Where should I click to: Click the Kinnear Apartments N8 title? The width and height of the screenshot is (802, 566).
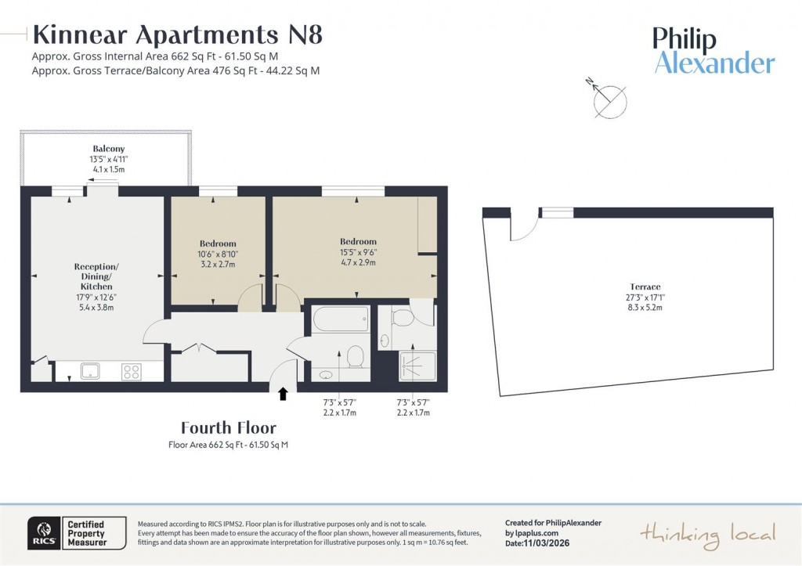(x=177, y=35)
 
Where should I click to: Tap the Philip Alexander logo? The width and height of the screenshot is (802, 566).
(x=713, y=52)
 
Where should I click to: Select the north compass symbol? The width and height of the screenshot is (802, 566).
(x=609, y=99)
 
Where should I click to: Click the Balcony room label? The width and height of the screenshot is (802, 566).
(x=109, y=149)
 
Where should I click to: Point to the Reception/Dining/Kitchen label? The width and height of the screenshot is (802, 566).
(x=98, y=277)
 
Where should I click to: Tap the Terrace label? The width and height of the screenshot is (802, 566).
(x=645, y=287)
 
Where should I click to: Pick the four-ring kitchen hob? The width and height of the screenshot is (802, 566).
(x=131, y=372)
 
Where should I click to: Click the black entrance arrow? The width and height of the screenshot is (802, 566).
(x=283, y=395)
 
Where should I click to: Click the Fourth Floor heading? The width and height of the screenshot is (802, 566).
(x=228, y=427)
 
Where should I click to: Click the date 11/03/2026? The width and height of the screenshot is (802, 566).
(x=543, y=543)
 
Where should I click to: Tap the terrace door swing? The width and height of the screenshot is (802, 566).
(x=522, y=225)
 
